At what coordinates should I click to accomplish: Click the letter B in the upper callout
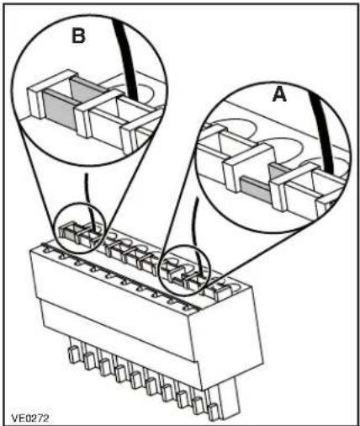click(78, 35)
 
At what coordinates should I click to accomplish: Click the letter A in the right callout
click(279, 93)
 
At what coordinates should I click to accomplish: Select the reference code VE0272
click(30, 418)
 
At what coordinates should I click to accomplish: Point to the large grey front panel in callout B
click(60, 109)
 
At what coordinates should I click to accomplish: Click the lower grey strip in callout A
click(255, 189)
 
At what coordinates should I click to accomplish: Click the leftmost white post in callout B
click(35, 103)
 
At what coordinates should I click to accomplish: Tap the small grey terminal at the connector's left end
click(66, 232)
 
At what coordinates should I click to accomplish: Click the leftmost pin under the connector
click(73, 354)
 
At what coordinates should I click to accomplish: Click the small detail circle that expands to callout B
click(79, 228)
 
